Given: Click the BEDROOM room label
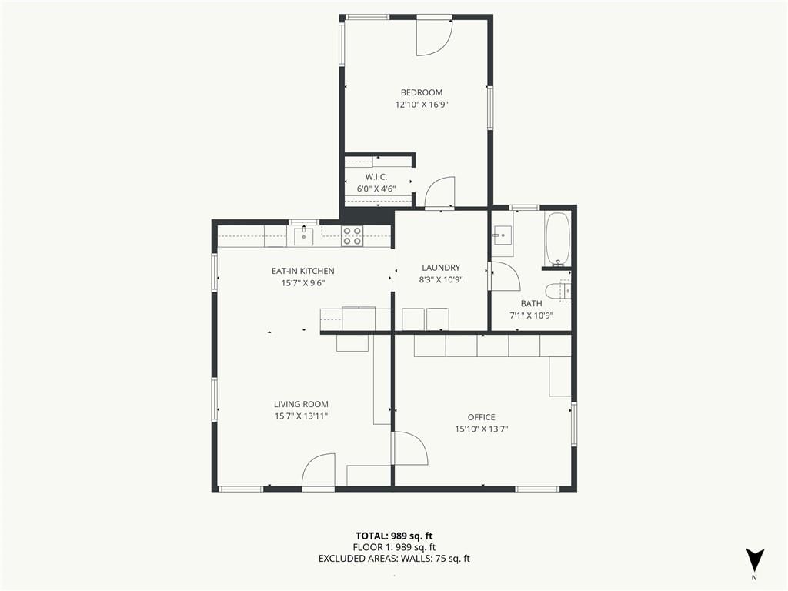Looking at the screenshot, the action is point(421,92).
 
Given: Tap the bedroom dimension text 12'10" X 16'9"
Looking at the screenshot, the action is point(421,105).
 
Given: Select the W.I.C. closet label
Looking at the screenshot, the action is point(376,177).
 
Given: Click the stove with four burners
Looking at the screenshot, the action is point(352,236).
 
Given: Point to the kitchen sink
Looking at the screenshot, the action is point(303,235).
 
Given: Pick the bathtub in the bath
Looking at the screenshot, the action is point(557,239).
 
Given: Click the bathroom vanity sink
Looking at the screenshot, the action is point(502,235).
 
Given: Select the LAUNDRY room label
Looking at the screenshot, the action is point(441,268).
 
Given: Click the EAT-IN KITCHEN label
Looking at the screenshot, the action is point(302,271).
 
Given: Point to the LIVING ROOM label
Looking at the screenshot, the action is point(301,404).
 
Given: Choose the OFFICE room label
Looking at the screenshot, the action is point(482,417).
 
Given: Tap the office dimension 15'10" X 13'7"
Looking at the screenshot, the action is point(482,429).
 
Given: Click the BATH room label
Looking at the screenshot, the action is point(531,303).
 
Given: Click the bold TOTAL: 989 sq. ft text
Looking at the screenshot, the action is point(394,536).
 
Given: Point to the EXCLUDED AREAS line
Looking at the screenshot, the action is point(394,559).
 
